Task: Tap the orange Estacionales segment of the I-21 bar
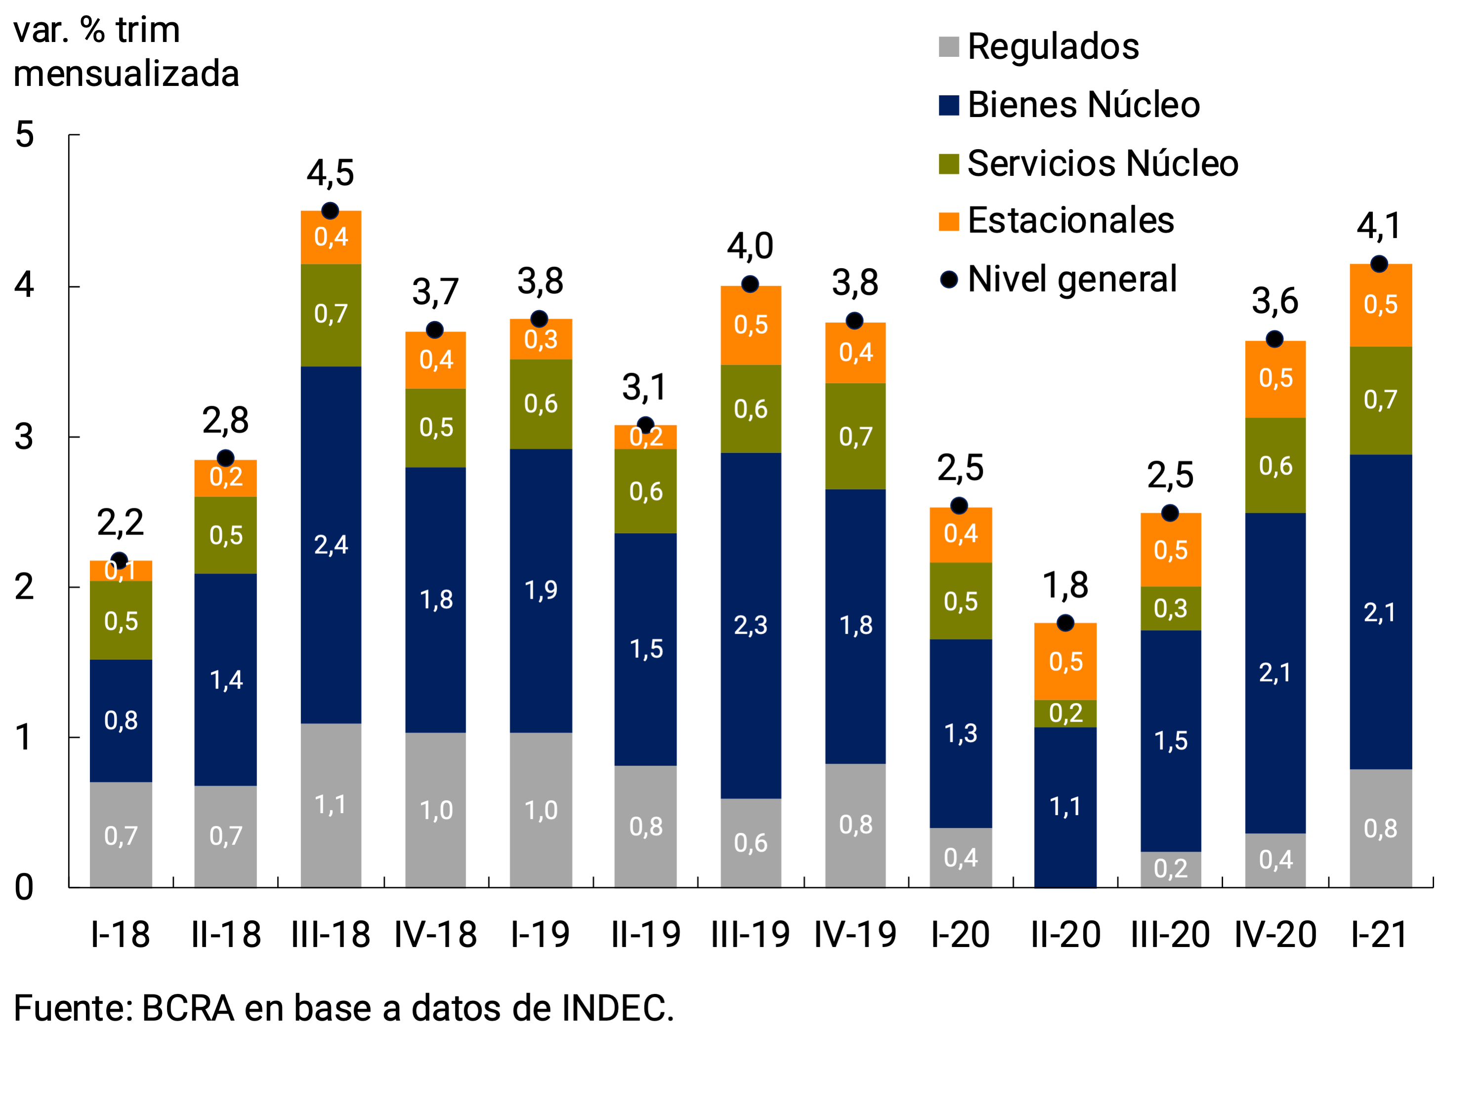[x=1380, y=305]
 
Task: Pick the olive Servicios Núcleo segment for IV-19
[x=855, y=436]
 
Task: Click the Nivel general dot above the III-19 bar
[x=750, y=285]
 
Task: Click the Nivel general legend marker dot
[x=949, y=279]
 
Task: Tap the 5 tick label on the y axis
[x=24, y=134]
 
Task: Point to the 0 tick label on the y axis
[x=24, y=887]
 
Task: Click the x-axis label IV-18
[x=435, y=935]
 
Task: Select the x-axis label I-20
[x=960, y=935]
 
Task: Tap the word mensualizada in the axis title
[x=126, y=74]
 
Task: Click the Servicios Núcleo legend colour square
[x=949, y=164]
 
